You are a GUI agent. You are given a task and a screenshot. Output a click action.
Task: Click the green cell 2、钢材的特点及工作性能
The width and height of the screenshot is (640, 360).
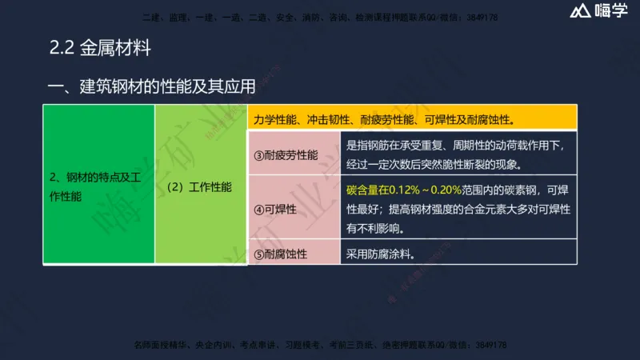[x=98, y=186]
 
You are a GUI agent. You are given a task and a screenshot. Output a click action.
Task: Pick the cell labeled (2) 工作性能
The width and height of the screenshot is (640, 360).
[x=200, y=186]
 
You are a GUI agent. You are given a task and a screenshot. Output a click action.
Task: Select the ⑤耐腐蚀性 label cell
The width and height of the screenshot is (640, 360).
[x=286, y=254]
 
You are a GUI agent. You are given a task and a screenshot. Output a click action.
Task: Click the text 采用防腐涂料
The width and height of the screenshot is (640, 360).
[x=381, y=254]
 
